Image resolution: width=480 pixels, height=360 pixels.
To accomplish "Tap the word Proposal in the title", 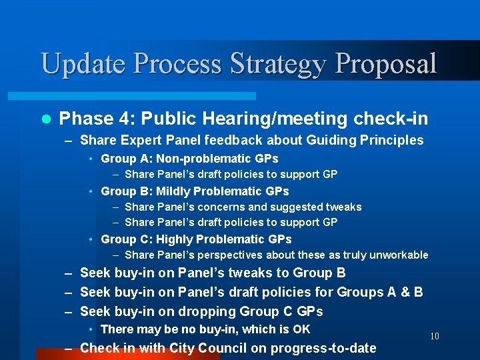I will click(387, 63).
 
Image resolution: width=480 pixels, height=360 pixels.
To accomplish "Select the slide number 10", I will click(434, 336).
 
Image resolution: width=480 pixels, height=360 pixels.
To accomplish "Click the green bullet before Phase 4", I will click(45, 119).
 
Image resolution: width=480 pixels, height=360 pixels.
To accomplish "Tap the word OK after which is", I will click(301, 329).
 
